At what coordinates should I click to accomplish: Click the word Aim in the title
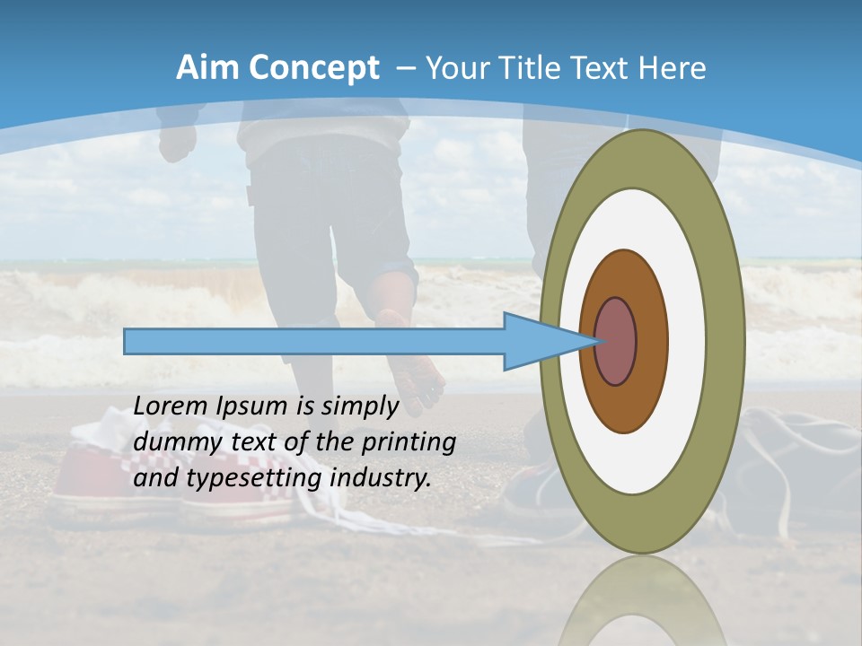click(208, 68)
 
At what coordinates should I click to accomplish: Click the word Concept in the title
click(313, 69)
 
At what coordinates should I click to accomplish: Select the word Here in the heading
click(673, 68)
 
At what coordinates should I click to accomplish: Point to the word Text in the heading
click(617, 68)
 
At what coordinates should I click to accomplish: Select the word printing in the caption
click(409, 443)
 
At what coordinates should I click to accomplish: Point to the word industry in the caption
click(380, 478)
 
